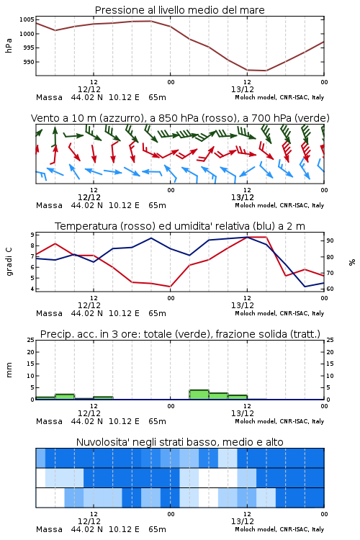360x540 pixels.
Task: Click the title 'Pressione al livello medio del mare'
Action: point(179,10)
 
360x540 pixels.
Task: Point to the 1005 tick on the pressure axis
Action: point(27,19)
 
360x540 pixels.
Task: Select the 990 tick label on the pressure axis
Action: point(29,62)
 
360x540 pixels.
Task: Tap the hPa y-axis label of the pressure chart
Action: point(9,45)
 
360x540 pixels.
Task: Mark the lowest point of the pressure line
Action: point(266,71)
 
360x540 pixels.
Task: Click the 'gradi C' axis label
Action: point(9,261)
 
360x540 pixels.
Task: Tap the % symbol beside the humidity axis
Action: point(352,262)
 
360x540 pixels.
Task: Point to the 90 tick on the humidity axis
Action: point(330,240)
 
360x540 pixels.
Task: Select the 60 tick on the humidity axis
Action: point(330,289)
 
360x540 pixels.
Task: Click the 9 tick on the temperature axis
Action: point(32,235)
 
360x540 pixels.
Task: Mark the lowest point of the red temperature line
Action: point(170,287)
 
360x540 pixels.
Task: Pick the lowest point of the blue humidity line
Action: point(305,287)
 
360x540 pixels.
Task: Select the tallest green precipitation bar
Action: point(199,395)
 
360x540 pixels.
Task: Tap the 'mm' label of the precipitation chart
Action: point(9,370)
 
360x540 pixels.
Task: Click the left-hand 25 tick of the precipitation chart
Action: point(31,340)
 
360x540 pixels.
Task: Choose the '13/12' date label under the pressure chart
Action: point(243,89)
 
